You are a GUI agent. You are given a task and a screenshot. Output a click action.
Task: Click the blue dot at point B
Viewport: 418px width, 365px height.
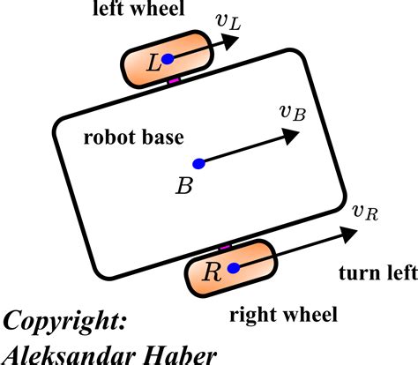pos(198,163)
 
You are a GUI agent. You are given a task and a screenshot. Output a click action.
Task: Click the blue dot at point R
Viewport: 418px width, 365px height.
pos(233,268)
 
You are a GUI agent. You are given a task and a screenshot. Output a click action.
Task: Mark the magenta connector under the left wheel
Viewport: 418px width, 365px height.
pos(174,82)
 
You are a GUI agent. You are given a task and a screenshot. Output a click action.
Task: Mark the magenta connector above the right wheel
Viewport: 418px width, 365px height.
pos(226,246)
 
